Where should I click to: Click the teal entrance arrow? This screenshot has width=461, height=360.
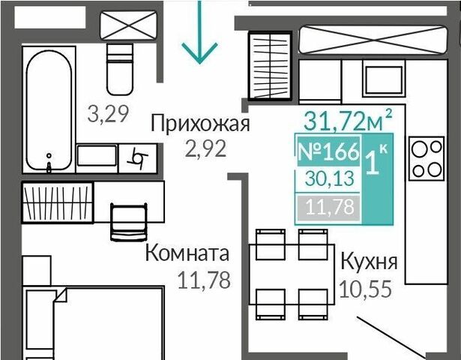(x=199, y=31)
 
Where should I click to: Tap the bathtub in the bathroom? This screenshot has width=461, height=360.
(x=49, y=110)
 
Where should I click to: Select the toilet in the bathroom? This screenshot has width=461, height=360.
(x=120, y=70)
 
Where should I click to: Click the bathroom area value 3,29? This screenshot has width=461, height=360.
(x=108, y=114)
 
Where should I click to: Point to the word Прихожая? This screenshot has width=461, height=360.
(x=200, y=123)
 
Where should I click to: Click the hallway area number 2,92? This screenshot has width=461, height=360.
(x=206, y=148)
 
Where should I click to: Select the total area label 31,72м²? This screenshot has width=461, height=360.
(x=348, y=120)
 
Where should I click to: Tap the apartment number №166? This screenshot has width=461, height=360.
(x=329, y=151)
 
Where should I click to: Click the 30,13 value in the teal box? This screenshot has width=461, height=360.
(x=329, y=178)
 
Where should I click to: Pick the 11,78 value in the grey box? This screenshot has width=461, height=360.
(x=330, y=207)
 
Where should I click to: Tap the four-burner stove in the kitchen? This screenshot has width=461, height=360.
(x=427, y=158)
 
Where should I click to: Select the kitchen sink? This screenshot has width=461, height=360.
(x=384, y=79)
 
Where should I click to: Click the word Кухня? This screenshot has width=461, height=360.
(x=370, y=262)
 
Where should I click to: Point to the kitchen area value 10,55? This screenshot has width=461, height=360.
(x=366, y=289)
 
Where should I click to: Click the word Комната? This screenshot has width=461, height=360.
(x=187, y=253)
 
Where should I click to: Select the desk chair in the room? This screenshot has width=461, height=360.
(x=128, y=222)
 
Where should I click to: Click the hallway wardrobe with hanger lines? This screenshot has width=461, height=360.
(x=270, y=65)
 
